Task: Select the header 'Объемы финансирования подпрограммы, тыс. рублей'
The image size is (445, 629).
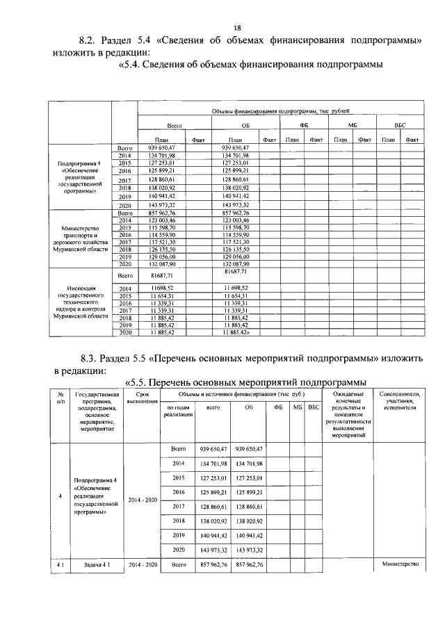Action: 277,111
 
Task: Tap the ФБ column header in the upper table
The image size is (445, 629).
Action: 304,124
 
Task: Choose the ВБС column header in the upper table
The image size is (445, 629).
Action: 399,124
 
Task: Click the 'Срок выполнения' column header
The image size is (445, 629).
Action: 142,398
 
